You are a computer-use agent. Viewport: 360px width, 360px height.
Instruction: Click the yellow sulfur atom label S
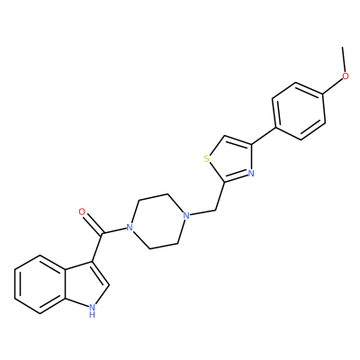(x=206, y=158)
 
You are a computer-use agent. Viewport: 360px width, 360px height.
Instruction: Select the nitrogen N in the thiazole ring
(x=251, y=174)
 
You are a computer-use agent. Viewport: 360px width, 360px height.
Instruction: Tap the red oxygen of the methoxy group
(x=346, y=76)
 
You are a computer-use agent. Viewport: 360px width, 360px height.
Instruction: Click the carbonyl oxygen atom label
(x=82, y=212)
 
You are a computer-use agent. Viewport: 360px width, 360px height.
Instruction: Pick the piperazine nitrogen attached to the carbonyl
(x=130, y=227)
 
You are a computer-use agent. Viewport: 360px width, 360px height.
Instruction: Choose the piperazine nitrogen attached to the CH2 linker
(x=186, y=215)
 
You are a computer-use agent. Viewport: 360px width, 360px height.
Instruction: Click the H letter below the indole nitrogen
(x=92, y=315)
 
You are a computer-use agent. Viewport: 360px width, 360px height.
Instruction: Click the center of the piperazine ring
(x=157, y=221)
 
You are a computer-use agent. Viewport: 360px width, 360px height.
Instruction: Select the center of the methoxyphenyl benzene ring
(x=299, y=111)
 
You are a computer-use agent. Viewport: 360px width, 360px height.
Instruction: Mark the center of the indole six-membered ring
(x=40, y=285)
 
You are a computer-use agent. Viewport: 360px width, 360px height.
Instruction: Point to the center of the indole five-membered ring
(x=85, y=283)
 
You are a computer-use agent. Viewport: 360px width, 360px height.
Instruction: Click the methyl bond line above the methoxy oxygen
(x=344, y=59)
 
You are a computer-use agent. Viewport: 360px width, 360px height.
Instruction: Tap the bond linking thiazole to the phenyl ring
(x=263, y=136)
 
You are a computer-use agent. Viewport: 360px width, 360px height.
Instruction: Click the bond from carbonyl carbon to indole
(x=98, y=247)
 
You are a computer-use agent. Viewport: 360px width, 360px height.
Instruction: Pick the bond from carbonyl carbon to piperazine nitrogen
(x=114, y=230)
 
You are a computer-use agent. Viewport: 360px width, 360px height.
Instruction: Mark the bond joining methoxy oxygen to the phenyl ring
(x=333, y=87)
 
